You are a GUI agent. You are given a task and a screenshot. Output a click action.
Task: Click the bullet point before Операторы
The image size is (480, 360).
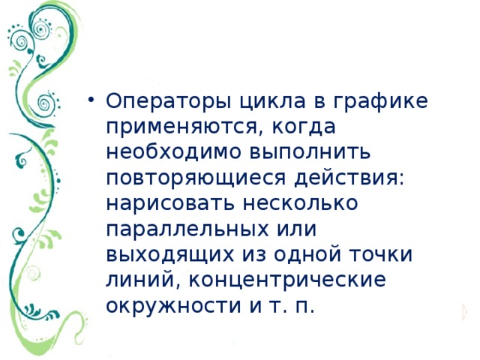(x=91, y=100)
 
